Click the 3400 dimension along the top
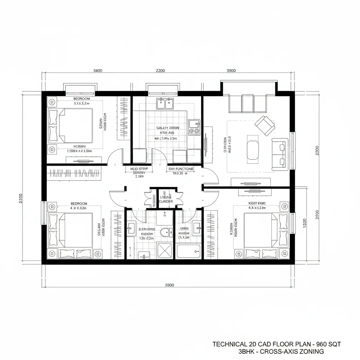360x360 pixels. (x=97, y=70)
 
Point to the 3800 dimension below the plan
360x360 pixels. (x=169, y=285)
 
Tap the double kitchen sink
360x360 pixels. (x=165, y=103)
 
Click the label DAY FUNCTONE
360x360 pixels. (x=181, y=169)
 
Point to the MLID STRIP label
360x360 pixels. (x=139, y=169)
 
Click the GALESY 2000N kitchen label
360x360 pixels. (x=168, y=128)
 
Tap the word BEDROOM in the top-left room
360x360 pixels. (x=82, y=99)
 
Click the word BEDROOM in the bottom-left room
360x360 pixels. (x=79, y=204)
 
